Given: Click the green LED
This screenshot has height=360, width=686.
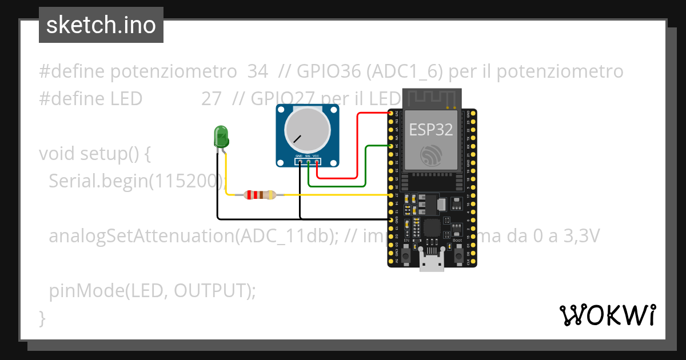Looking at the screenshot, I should (x=221, y=137).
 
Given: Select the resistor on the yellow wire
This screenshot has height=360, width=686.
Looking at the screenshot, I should (x=260, y=195).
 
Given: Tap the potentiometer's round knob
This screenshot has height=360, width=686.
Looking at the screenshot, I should (x=307, y=130).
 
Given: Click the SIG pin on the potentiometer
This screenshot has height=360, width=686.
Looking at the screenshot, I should (x=308, y=162).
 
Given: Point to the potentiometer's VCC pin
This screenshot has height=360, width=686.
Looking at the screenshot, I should (x=316, y=162).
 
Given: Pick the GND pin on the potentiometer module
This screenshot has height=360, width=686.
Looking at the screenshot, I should (x=300, y=162).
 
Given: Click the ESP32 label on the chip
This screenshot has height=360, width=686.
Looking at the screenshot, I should (x=430, y=130).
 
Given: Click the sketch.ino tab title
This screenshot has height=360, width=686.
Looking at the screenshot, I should (x=101, y=25).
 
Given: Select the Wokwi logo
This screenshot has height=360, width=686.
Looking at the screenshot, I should (x=608, y=315).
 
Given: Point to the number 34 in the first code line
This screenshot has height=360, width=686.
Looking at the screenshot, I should (x=258, y=72).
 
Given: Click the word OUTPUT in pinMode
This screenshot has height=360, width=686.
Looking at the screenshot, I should (x=212, y=291).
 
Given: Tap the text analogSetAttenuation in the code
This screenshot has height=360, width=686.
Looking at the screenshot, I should (x=142, y=236).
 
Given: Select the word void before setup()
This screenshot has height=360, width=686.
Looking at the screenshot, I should (x=57, y=154).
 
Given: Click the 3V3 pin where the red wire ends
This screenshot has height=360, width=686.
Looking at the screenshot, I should (x=392, y=113).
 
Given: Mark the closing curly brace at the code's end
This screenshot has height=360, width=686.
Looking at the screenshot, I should (x=42, y=317).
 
